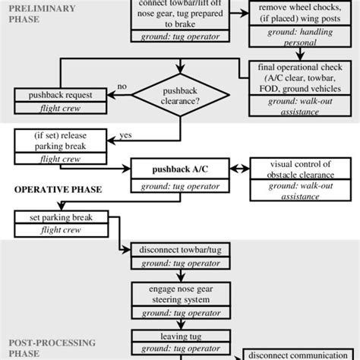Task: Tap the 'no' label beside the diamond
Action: [x=122, y=87]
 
